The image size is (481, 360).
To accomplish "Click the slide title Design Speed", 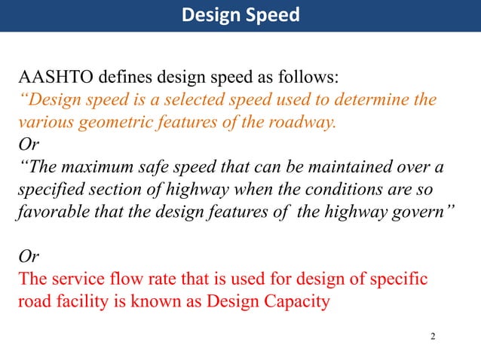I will pos(240,14).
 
